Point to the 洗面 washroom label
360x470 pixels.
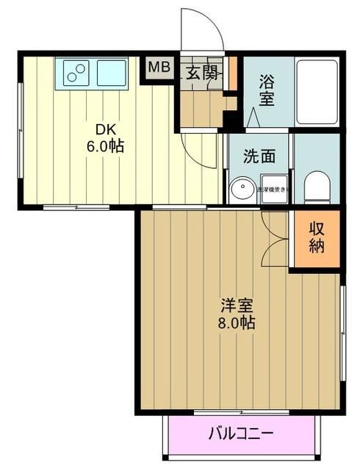click(x=259, y=156)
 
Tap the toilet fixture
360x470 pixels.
click(x=317, y=187)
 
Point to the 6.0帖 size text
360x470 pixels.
click(x=104, y=145)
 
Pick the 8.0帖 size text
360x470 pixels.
click(x=236, y=322)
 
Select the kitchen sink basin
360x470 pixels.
click(x=111, y=72)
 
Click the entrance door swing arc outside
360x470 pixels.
click(x=202, y=29)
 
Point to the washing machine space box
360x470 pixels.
click(x=272, y=190)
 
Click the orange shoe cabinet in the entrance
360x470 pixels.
click(x=234, y=71)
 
